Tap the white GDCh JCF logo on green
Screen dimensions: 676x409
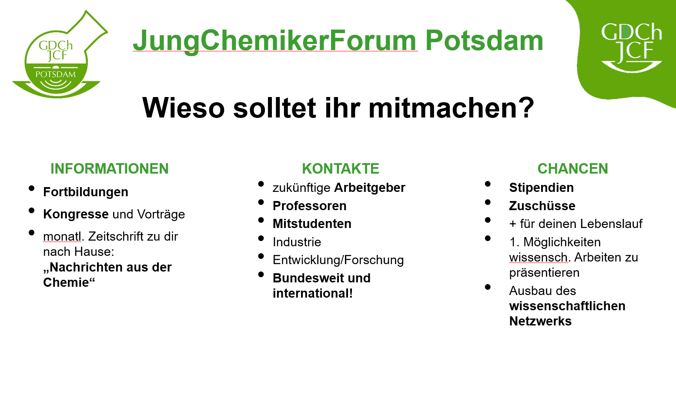(631, 47)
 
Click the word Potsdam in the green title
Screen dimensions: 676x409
(484, 40)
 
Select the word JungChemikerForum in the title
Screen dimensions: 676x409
(275, 41)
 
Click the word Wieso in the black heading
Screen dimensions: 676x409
(184, 108)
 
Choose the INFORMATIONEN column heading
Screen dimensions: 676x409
(110, 168)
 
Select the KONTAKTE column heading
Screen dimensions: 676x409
(341, 168)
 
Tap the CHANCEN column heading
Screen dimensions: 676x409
(572, 168)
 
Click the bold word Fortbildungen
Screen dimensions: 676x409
(86, 192)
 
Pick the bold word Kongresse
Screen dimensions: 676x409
(76, 215)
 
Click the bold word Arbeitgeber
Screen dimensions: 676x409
(370, 188)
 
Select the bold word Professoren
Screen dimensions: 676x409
(310, 206)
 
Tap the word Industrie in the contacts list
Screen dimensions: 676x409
(297, 242)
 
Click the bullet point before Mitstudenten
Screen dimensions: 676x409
(261, 220)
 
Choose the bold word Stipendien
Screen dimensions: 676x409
(542, 188)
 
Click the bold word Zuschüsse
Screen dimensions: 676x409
(542, 206)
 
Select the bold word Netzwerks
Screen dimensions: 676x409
(540, 321)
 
